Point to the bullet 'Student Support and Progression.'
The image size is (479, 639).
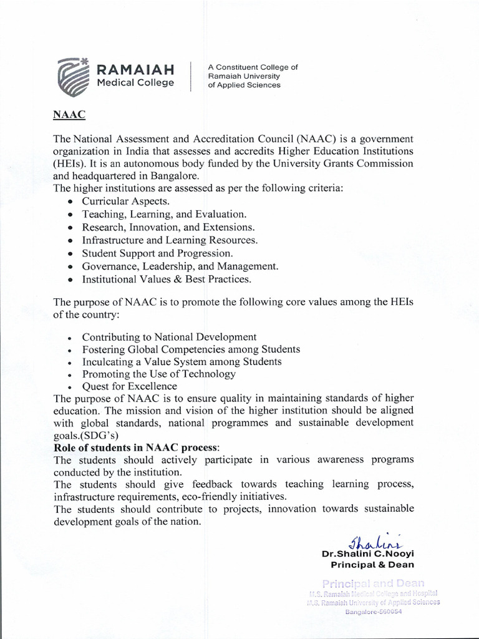coord(157,253)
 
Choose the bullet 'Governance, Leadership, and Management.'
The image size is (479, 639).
coord(180,266)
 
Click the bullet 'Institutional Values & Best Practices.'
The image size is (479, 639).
coord(167,279)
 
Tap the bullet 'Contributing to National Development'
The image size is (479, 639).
coord(169,336)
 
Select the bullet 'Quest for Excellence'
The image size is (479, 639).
coord(129,386)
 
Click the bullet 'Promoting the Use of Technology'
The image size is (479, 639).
coord(158,374)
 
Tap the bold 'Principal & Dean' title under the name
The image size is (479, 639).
coord(372,565)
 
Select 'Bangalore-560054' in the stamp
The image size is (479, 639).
coord(374,612)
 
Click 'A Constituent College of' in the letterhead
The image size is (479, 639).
coord(253,67)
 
